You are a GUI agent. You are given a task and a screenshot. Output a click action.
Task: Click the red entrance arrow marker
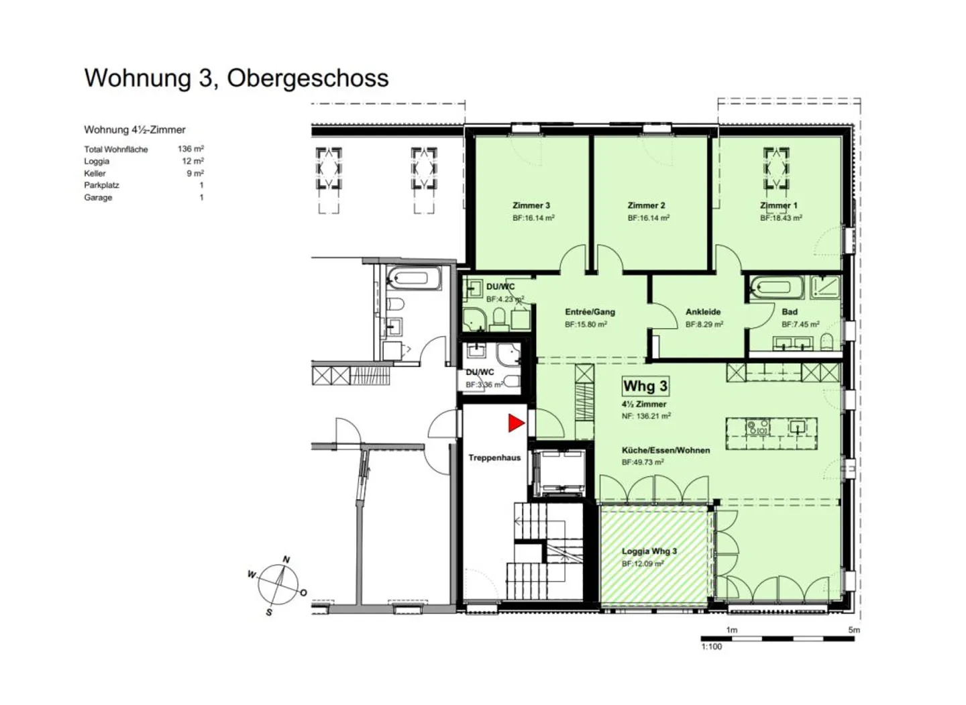point(516,423)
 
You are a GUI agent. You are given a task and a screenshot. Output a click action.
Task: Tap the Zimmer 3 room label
point(531,205)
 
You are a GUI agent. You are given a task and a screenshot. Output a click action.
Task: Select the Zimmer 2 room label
point(647,205)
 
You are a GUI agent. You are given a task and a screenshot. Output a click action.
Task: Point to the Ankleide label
point(703,312)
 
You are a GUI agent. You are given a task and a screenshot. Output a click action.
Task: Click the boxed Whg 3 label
point(645,386)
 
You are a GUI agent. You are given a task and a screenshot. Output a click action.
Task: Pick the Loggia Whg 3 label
point(649,551)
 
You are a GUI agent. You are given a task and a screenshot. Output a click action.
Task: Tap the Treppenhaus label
point(494,457)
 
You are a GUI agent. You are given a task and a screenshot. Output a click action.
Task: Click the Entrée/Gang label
point(590,312)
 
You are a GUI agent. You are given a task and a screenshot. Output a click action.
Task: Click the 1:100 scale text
point(711,647)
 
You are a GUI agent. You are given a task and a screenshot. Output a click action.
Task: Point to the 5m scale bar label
point(854,630)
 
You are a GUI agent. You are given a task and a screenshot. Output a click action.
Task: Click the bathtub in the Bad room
point(777,287)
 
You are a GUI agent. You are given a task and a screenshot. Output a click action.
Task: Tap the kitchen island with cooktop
point(771,433)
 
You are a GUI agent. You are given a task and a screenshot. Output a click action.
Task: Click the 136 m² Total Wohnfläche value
point(191,149)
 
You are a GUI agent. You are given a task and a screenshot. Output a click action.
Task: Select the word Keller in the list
point(95,173)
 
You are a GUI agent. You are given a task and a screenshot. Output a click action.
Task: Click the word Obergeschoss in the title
point(308,78)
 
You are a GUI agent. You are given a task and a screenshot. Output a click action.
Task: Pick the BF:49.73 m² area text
point(643,462)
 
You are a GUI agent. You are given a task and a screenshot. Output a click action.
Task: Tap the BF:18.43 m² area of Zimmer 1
point(781,218)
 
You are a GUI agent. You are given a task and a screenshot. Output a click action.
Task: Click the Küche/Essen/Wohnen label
point(666,450)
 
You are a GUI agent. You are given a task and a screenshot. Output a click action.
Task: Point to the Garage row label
point(98,197)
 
